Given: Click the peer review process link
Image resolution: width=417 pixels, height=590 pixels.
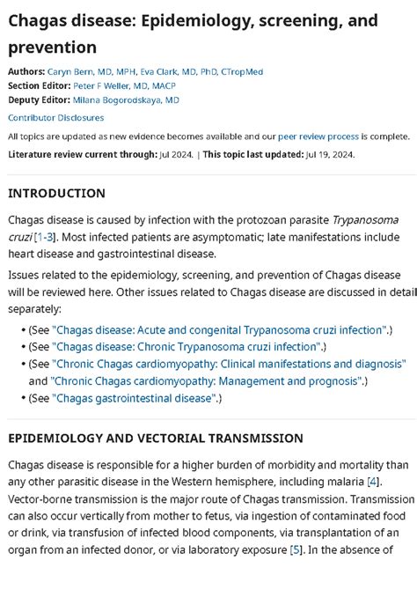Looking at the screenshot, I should [x=318, y=136].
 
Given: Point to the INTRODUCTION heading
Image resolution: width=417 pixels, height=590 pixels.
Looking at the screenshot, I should [x=56, y=193].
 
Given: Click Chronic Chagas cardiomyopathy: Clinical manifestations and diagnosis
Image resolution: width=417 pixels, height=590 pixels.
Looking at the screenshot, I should [x=229, y=363].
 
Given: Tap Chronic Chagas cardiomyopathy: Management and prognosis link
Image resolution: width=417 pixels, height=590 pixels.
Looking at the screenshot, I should [x=207, y=380].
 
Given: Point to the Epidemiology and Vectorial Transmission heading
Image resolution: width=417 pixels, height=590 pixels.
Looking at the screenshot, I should [x=156, y=438].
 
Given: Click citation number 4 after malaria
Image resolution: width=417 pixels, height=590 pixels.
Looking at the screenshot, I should [x=374, y=482].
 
